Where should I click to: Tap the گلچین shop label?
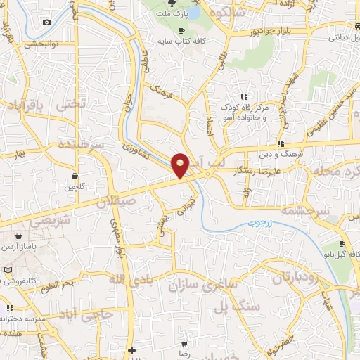74,187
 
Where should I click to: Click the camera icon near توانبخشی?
46,22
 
